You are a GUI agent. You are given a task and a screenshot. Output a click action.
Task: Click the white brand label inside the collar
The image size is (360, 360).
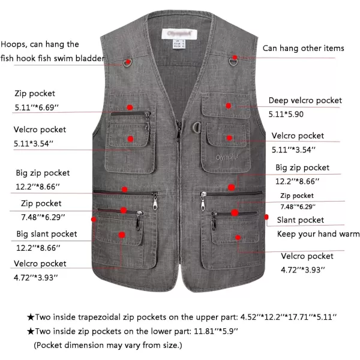179,34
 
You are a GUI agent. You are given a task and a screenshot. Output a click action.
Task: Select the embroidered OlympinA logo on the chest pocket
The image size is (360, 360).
227,157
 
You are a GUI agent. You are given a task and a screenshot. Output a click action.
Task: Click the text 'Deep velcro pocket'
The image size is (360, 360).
305,100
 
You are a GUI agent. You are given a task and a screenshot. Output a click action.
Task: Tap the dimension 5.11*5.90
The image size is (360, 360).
286,114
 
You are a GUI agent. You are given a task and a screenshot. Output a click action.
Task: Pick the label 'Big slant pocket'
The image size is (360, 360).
47,234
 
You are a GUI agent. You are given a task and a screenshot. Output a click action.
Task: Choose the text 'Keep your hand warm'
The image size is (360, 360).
318,234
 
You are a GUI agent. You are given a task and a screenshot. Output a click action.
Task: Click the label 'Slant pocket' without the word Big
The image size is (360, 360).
301,220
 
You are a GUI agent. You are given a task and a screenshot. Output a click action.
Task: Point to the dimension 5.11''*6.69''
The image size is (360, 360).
37,107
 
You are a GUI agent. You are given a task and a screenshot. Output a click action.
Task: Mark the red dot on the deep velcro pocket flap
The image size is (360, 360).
228,106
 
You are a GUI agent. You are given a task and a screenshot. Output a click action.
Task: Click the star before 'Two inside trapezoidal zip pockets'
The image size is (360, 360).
31,317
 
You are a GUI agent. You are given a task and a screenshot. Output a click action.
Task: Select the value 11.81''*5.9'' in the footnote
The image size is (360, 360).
216,331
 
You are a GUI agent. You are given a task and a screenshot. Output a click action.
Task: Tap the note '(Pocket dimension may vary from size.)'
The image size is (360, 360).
108,346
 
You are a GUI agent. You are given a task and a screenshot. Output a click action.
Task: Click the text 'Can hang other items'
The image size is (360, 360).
303,48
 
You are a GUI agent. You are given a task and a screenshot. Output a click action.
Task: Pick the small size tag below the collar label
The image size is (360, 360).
179,44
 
